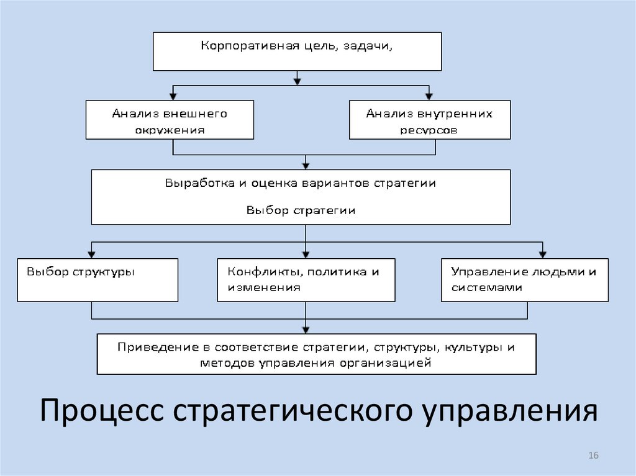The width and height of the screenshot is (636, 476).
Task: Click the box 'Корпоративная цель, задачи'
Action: pyautogui.click(x=297, y=51)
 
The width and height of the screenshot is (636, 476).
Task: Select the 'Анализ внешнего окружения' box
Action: pyautogui.click(x=169, y=120)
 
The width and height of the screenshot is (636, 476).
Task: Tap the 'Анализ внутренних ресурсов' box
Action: pyautogui.click(x=429, y=120)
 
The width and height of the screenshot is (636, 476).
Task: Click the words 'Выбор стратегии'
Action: pyautogui.click(x=301, y=210)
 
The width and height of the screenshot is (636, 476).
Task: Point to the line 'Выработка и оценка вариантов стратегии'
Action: pyautogui.click(x=301, y=183)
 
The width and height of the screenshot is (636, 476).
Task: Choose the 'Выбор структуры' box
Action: pyautogui.click(x=98, y=280)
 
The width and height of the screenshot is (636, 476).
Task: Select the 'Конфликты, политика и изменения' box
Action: pyautogui.click(x=306, y=280)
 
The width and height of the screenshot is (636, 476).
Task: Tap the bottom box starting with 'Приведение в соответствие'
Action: pyautogui.click(x=316, y=354)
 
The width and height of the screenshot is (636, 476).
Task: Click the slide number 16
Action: pyautogui.click(x=593, y=456)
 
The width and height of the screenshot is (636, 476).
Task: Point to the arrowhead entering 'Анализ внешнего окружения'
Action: pyautogui.click(x=173, y=96)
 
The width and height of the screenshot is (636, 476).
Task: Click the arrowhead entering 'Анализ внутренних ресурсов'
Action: pyautogui.click(x=429, y=96)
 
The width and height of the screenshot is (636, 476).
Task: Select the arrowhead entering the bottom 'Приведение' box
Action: pyautogui.click(x=306, y=329)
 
